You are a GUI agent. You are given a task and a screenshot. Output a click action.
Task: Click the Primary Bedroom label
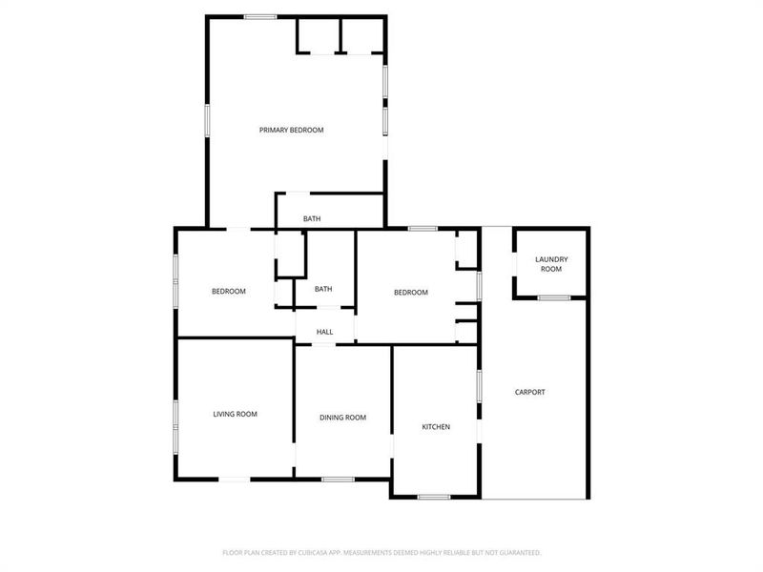292,130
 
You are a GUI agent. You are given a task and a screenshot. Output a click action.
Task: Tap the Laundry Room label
551,264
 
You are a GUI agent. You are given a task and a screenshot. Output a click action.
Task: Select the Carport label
530,392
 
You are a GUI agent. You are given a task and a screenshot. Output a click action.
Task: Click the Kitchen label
436,426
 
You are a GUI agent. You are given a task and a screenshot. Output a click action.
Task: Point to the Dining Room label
342,418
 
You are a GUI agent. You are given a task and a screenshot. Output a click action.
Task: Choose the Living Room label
235,414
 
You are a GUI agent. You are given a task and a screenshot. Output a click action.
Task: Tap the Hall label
324,332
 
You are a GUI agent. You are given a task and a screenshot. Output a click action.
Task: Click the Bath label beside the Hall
323,289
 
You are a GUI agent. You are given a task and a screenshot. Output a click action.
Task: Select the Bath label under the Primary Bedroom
312,219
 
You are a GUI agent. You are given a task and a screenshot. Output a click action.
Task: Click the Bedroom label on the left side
229,292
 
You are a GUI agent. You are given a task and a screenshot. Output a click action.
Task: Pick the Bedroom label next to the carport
411,293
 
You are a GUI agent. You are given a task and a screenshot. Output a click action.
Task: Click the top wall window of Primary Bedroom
259,16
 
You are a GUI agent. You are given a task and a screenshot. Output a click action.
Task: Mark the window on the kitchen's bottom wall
434,497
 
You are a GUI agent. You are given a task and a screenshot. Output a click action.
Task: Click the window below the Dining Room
338,479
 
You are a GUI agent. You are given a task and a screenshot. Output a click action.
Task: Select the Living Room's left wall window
175,426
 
